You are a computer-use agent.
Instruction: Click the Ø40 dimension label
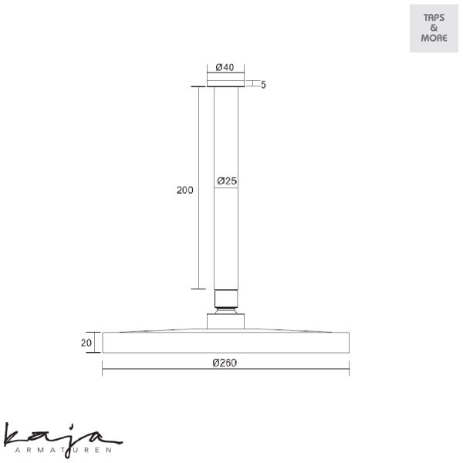point(225,67)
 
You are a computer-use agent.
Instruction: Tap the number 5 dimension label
point(263,85)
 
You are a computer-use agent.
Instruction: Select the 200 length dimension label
point(185,190)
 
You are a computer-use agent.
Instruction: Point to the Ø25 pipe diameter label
point(227,181)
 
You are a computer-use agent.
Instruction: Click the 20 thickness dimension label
point(86,343)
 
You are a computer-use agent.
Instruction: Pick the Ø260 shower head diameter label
point(225,363)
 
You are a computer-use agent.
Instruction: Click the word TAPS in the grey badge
point(434,18)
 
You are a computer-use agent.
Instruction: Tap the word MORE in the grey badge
point(434,38)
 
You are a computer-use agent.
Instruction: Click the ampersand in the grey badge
point(434,28)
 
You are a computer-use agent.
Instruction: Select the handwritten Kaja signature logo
point(62,438)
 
